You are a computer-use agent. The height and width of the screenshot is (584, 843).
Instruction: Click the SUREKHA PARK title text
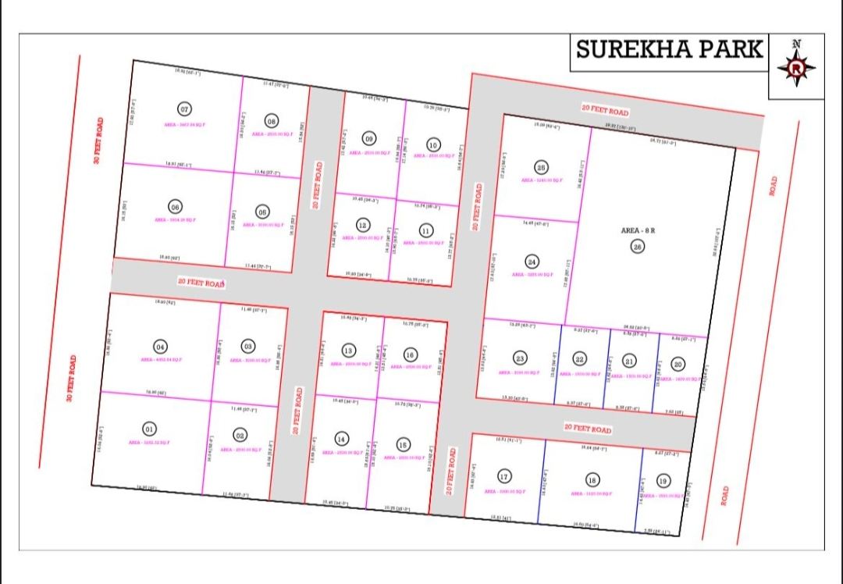[x=669, y=49]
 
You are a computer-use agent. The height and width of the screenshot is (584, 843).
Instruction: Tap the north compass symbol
[x=796, y=67]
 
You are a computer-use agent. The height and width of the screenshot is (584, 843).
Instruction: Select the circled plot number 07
[x=185, y=109]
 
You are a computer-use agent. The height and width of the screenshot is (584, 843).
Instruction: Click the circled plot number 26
[x=637, y=247]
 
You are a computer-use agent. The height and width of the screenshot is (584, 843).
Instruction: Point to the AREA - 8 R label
[x=638, y=231]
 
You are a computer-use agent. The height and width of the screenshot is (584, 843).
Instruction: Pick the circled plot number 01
[x=148, y=429]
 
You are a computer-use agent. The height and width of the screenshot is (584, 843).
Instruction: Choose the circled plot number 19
[x=663, y=480]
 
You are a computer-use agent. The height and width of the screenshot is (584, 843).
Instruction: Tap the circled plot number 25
[x=542, y=167]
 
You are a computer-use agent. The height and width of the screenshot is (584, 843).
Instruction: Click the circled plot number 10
[x=433, y=144]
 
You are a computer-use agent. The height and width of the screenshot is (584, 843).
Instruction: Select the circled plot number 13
[x=348, y=350]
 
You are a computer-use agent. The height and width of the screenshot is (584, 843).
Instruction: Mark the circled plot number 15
[x=402, y=444]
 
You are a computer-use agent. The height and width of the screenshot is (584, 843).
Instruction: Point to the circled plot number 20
[x=678, y=364]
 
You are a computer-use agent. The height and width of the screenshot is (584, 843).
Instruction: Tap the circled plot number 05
[x=262, y=212]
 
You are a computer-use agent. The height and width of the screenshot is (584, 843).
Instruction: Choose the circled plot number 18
[x=592, y=480]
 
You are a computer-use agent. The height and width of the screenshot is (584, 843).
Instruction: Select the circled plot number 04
[x=160, y=347]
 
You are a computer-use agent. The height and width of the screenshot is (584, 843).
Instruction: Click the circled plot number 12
[x=363, y=225]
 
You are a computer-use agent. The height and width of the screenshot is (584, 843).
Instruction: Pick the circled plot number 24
[x=532, y=262]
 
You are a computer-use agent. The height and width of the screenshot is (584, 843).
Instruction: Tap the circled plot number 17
[x=504, y=476]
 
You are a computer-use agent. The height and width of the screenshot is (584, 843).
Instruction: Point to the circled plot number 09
[x=368, y=138]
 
